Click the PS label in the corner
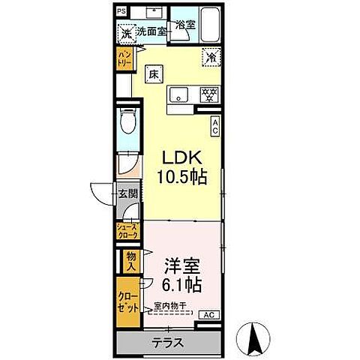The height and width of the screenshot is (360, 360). tap(121, 12)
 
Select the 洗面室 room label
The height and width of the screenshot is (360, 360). tap(150, 33)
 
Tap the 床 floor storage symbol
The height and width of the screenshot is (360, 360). tap(152, 73)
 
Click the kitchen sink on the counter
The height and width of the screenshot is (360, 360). tap(179, 94)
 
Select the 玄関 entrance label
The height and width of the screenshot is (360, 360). tap(127, 193)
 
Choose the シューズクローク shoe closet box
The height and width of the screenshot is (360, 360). tap(127, 231)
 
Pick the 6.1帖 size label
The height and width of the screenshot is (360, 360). tap(182, 285)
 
